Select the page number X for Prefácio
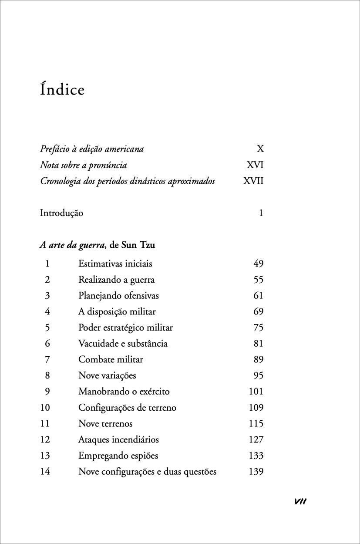coord(260,149)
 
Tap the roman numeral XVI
coord(255,165)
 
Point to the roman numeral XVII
coord(253,181)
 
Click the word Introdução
coord(61,213)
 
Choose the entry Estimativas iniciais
coord(115,264)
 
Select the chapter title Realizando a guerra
coord(116,280)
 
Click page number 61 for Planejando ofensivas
coord(259,296)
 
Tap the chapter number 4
coord(47,311)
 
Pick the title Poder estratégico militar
coord(125,328)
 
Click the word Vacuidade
coord(98,344)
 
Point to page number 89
coord(259,360)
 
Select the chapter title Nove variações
coord(107,375)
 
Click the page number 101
coord(256,392)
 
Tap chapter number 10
coord(45,408)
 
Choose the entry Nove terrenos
coord(105,424)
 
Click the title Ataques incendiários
coord(118,440)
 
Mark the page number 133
coord(256,456)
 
